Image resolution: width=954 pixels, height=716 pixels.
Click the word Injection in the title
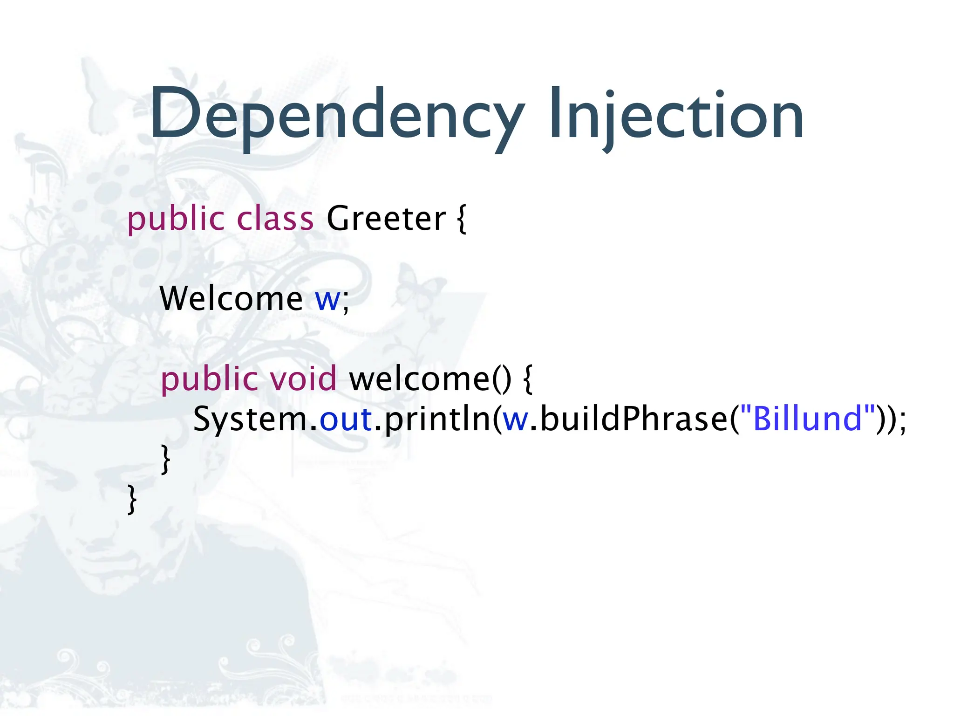pyautogui.click(x=675, y=114)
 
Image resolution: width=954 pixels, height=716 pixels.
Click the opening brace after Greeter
pyautogui.click(x=461, y=219)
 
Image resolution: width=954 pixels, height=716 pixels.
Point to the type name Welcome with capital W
pyautogui.click(x=231, y=298)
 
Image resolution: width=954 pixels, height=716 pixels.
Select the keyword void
pyautogui.click(x=303, y=378)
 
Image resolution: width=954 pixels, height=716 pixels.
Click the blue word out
pyautogui.click(x=346, y=419)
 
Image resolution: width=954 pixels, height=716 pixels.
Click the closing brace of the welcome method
pyautogui.click(x=165, y=459)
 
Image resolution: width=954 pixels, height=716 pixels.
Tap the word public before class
pyautogui.click(x=176, y=219)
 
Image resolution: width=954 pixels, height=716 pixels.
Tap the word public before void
pyautogui.click(x=209, y=379)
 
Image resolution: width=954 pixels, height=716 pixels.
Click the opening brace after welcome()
pyautogui.click(x=528, y=379)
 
